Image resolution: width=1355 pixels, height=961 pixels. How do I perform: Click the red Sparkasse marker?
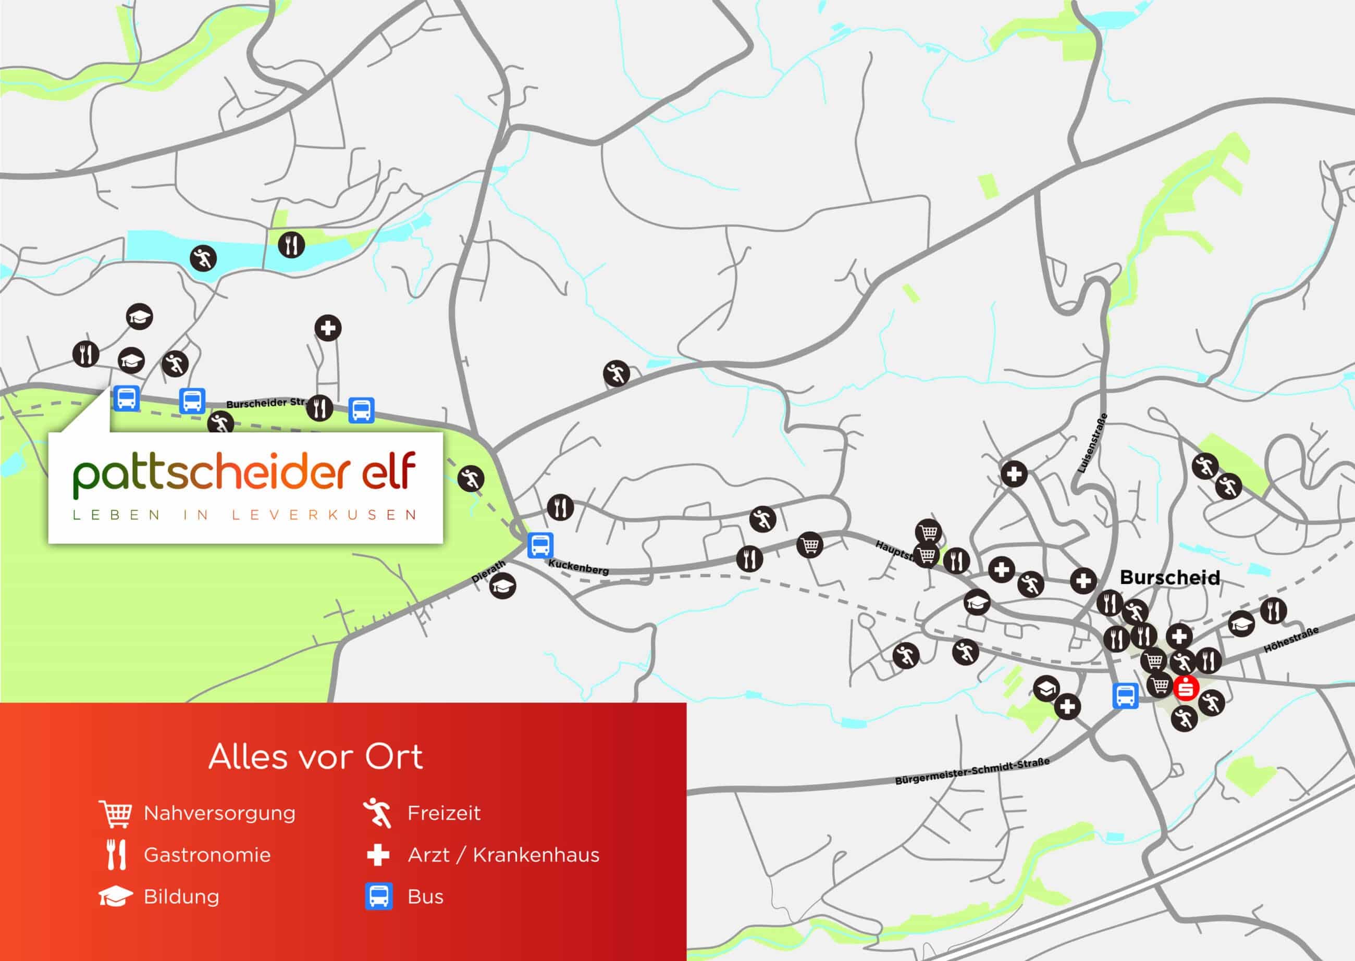click(x=1186, y=688)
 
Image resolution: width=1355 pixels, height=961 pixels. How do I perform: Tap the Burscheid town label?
click(x=1169, y=578)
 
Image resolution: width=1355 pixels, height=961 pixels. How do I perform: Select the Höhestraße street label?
click(x=1291, y=640)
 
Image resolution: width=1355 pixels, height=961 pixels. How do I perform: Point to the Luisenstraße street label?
click(x=1092, y=444)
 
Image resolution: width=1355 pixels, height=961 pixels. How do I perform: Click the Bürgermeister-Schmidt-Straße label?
click(x=972, y=771)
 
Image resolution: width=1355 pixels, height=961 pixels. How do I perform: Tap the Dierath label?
click(x=488, y=571)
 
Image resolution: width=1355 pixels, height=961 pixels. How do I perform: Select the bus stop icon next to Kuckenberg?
click(x=540, y=545)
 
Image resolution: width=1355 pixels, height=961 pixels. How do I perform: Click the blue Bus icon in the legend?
click(x=378, y=896)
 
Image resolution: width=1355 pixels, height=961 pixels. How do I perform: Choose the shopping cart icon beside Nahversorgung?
click(x=115, y=814)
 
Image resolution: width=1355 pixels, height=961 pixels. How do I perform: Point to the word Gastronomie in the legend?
click(x=207, y=855)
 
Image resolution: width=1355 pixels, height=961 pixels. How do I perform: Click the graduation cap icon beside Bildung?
click(x=115, y=897)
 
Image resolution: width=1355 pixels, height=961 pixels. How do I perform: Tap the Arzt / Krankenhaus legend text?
click(x=503, y=855)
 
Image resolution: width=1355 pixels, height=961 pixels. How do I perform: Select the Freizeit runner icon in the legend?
click(x=378, y=813)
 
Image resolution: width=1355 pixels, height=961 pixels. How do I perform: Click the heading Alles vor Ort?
click(x=315, y=757)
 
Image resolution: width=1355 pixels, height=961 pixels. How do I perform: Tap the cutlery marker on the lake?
click(x=291, y=244)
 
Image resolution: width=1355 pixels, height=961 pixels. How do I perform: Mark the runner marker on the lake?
click(x=203, y=258)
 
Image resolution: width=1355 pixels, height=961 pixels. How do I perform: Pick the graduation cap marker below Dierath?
click(x=502, y=586)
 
